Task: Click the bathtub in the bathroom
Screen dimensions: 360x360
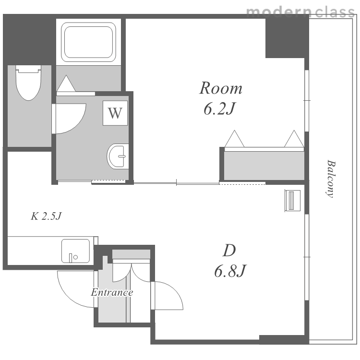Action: [88, 42]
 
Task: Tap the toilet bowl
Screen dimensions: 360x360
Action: [28, 83]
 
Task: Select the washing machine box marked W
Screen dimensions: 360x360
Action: [115, 113]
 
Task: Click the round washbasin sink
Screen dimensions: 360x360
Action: [118, 156]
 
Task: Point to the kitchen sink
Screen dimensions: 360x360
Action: [75, 251]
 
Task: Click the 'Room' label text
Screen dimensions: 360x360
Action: [221, 88]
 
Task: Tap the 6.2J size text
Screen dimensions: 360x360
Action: [219, 108]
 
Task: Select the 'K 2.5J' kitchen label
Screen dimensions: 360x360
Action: [47, 216]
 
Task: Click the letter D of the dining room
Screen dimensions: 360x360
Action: [229, 250]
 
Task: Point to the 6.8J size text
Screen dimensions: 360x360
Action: [230, 271]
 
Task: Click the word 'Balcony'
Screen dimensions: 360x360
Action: [331, 179]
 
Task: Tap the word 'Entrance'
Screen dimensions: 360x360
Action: [112, 292]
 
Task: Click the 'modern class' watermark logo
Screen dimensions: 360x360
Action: [300, 12]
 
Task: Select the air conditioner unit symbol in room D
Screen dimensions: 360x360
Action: [292, 201]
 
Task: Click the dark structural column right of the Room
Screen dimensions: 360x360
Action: [287, 38]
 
